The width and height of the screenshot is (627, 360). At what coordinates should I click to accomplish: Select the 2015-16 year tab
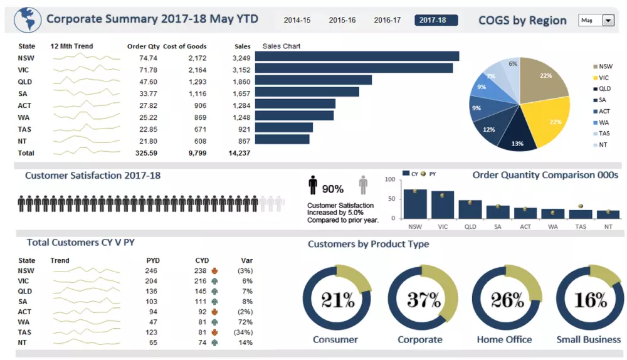click(x=342, y=20)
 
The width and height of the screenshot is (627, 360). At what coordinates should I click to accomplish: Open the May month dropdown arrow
click(x=608, y=21)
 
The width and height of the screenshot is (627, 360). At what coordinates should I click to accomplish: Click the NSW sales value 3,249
click(x=241, y=58)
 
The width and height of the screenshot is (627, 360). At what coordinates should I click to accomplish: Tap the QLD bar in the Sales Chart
click(x=313, y=80)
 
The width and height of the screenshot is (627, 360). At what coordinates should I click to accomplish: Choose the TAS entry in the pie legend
click(x=604, y=134)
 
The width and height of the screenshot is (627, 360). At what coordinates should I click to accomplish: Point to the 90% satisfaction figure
click(x=332, y=189)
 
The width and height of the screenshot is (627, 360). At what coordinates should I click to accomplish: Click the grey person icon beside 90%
click(x=363, y=186)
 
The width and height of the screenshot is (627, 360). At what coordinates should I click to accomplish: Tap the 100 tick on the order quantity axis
click(x=389, y=180)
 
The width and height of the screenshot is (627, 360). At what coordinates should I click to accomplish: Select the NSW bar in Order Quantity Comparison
click(x=415, y=204)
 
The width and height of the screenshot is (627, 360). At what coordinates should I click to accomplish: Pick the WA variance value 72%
click(x=245, y=322)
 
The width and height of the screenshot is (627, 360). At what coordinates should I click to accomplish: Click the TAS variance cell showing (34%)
click(x=243, y=332)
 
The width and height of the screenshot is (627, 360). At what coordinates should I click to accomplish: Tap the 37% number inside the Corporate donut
click(x=421, y=300)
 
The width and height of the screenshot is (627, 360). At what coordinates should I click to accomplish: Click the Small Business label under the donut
click(x=588, y=340)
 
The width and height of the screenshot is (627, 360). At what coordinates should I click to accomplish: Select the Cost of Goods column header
click(x=184, y=46)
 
